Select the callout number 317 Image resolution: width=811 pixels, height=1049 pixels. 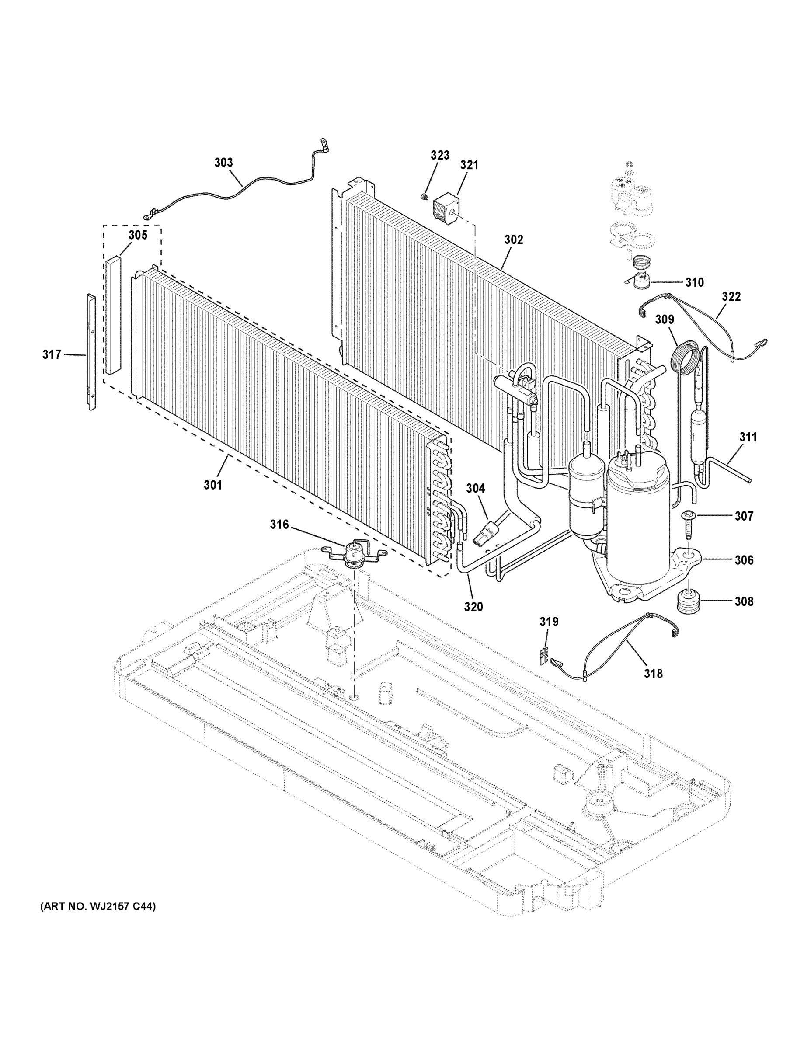click(x=52, y=354)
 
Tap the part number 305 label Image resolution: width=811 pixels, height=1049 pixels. click(x=137, y=235)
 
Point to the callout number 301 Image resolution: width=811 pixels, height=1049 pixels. click(x=213, y=485)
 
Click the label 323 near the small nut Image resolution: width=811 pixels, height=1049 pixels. click(x=440, y=155)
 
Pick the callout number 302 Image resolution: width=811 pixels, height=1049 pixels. click(x=513, y=239)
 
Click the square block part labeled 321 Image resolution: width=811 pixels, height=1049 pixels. click(x=446, y=210)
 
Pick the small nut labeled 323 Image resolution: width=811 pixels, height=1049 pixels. click(x=424, y=196)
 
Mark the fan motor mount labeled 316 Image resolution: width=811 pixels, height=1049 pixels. click(x=354, y=554)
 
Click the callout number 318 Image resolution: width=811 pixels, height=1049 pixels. click(x=654, y=674)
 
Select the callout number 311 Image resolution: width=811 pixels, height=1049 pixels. click(x=748, y=437)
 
